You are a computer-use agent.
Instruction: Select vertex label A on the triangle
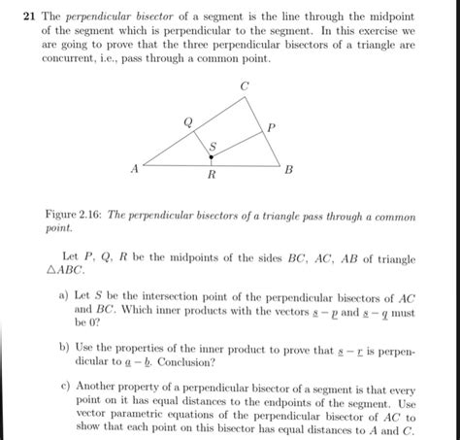tap(136, 168)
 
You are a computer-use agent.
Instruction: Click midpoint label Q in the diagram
tap(187, 121)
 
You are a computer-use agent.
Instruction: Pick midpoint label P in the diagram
tap(271, 127)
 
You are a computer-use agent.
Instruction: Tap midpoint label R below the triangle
tap(212, 177)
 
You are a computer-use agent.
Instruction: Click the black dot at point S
tap(213, 155)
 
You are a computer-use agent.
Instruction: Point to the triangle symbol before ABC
tap(52, 273)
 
